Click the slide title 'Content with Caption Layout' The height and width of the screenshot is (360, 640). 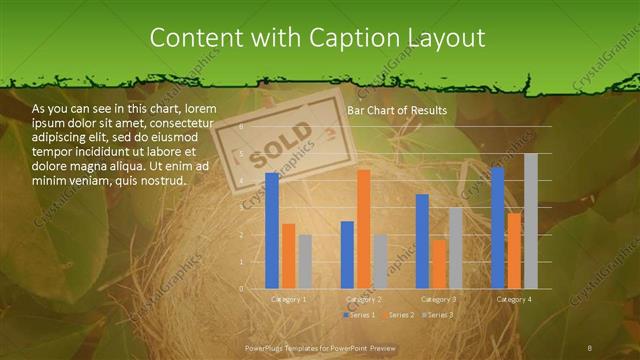point(317,37)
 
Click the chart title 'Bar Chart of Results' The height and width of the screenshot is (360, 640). point(397,110)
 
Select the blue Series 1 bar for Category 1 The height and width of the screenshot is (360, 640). point(272,231)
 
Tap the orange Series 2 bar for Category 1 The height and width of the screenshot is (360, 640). point(288,256)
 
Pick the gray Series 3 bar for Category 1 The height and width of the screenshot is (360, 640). point(304,262)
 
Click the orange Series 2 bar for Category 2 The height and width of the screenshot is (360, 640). point(363,229)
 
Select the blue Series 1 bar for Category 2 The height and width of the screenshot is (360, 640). point(347,255)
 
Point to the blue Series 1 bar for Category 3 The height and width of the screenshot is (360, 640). point(422,241)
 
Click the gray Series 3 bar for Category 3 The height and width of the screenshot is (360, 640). point(455,248)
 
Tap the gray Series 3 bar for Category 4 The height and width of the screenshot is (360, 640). point(530,221)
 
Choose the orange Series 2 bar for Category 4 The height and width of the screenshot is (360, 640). point(514,251)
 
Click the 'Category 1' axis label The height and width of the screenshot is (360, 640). point(289,299)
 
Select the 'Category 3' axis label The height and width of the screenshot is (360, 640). point(438,299)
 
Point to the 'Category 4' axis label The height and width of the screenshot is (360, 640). point(514,299)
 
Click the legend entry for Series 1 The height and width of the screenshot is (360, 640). point(361,315)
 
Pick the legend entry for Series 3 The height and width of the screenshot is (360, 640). point(439,315)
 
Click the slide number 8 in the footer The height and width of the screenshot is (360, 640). point(590,347)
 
